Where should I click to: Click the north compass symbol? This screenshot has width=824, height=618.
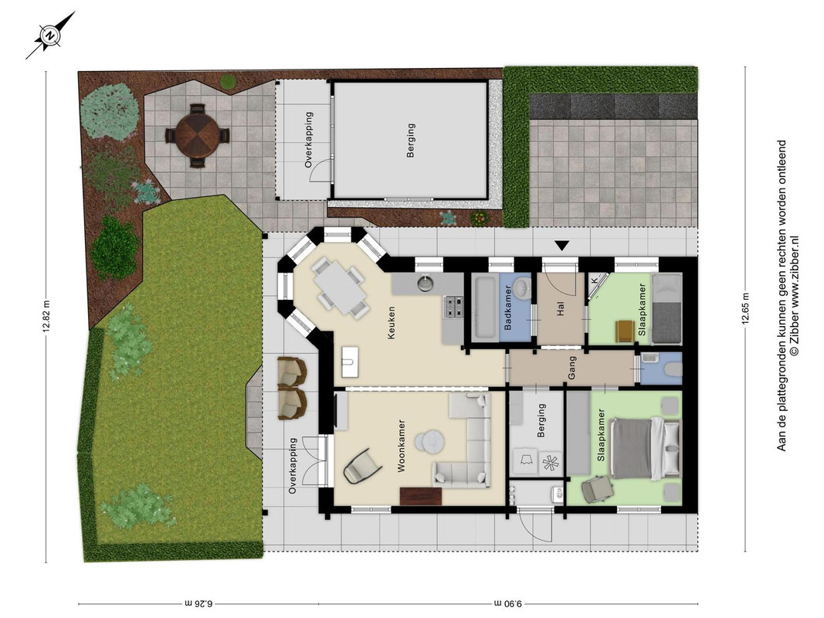pos(50,36)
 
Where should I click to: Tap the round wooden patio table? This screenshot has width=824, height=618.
pos(198,135)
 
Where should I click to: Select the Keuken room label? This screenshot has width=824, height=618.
pos(391,323)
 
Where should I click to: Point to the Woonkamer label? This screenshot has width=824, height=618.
pos(402,446)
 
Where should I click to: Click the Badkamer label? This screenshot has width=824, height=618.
pos(507,307)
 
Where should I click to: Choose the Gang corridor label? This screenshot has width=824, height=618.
pos(572,368)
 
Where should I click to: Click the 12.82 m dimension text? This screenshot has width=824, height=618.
pos(46,316)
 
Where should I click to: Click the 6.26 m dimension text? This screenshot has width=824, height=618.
pos(198,603)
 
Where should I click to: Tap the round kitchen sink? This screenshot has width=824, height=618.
pos(426,284)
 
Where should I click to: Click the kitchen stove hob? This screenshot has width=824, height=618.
pos(453,307)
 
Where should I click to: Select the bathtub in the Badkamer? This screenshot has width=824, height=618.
pos(484,307)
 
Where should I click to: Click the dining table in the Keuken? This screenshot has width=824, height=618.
pos(340,288)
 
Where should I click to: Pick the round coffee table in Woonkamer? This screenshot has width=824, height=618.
pos(430,441)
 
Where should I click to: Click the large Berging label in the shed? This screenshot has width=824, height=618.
pos(411,141)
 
